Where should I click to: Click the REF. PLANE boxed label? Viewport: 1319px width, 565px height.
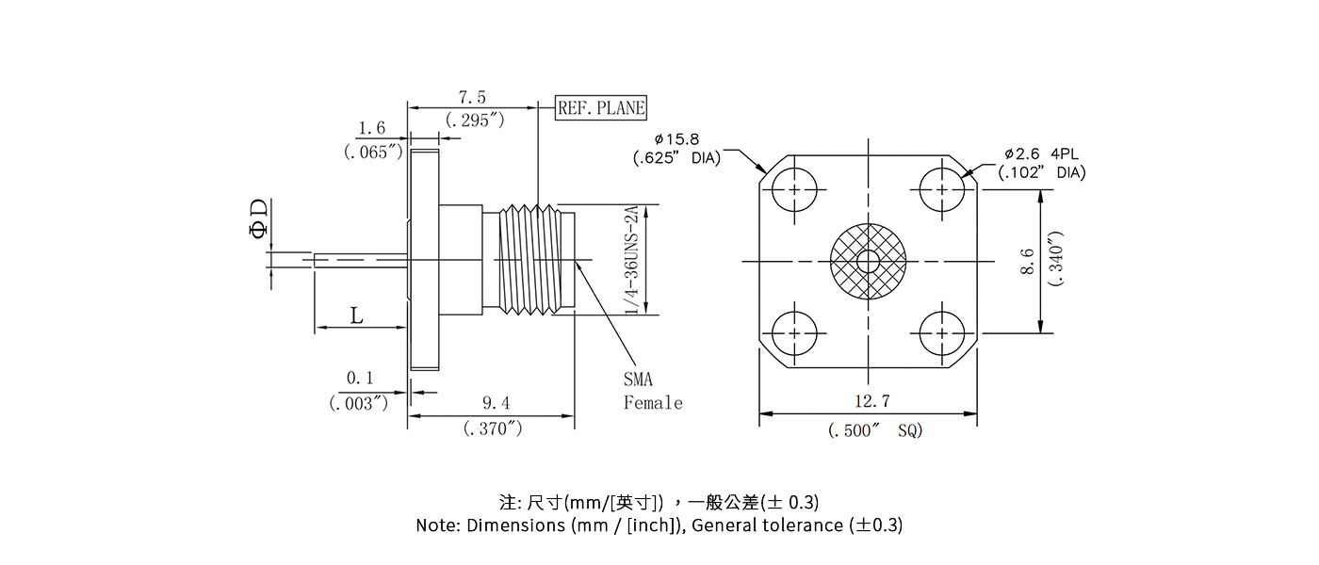(601, 107)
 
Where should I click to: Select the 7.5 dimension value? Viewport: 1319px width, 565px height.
(472, 98)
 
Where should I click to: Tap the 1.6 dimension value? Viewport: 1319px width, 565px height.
(372, 128)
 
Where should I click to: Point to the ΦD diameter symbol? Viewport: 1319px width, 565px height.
(257, 218)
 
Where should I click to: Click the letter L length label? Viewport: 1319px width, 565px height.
(356, 315)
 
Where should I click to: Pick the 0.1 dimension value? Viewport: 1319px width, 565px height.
(360, 379)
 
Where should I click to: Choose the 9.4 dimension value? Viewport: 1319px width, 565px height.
(496, 403)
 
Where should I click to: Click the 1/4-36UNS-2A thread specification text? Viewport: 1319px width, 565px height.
(631, 260)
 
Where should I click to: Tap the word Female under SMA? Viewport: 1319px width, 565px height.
(653, 403)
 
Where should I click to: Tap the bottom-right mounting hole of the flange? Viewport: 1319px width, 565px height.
(941, 333)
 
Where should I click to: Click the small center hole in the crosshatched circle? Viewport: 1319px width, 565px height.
(868, 261)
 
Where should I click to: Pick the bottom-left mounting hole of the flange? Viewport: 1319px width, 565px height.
(797, 333)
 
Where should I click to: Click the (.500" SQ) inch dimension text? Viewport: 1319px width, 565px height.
(875, 430)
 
